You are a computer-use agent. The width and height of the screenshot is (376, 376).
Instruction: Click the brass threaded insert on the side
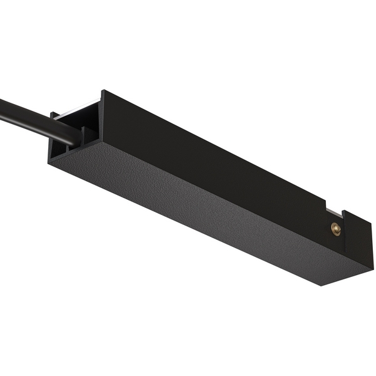coord(336,229)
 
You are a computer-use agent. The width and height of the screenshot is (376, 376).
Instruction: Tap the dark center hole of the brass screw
coord(336,229)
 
